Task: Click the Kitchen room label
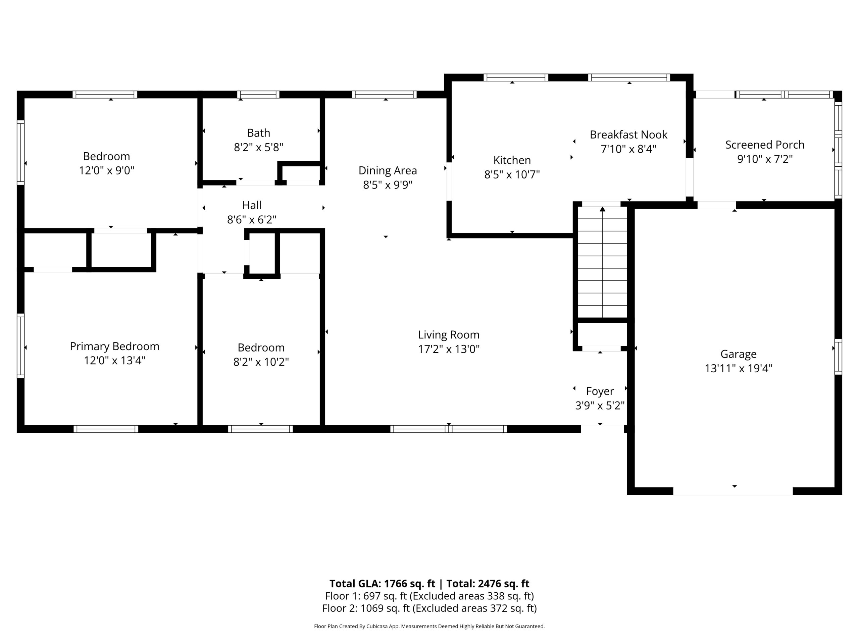tap(512, 160)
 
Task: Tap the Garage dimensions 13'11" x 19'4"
tap(738, 368)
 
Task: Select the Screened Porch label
tap(765, 145)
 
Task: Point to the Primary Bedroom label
tap(114, 346)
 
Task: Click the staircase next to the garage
tap(602, 262)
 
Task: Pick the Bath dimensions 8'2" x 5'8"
tap(258, 148)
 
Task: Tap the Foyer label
tap(600, 391)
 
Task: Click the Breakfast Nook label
tap(628, 135)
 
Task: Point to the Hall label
tap(252, 205)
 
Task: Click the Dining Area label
tap(388, 170)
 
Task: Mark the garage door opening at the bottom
tap(732, 491)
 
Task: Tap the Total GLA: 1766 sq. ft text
tap(382, 583)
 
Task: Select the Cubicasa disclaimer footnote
tap(429, 626)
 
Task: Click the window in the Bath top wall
tap(258, 94)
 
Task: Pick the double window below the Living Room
tap(449, 429)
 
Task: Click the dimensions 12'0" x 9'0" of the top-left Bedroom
tap(106, 171)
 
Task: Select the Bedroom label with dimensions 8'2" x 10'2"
tap(261, 347)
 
